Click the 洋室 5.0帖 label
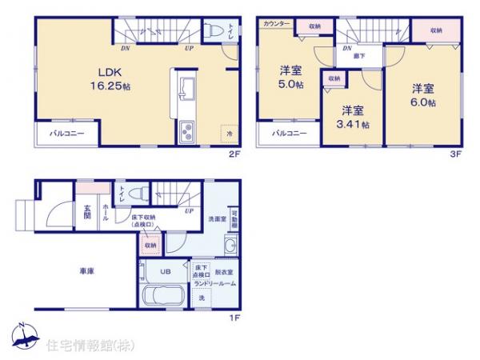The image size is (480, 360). [290, 77]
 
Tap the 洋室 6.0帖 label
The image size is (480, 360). [423, 95]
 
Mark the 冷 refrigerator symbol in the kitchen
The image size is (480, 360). [229, 134]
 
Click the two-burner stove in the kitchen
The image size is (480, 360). [186, 131]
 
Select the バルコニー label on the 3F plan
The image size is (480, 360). [289, 134]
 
